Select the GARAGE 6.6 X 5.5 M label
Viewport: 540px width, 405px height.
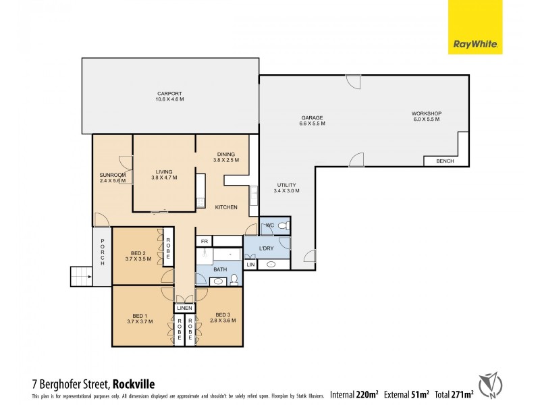tap(313, 121)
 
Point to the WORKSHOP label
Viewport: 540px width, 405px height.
tap(426, 116)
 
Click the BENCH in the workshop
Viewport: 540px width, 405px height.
tap(445, 161)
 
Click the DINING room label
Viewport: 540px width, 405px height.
tap(226, 157)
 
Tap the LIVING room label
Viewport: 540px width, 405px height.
tap(164, 174)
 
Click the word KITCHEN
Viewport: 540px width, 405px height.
tap(226, 207)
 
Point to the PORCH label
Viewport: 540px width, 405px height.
tap(103, 252)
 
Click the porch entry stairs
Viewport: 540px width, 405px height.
tap(80, 276)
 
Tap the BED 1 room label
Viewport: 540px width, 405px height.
tap(136, 317)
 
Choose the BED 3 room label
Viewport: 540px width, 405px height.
tap(223, 317)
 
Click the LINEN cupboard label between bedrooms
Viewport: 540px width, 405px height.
tap(184, 308)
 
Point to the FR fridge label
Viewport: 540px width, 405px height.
tap(203, 240)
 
